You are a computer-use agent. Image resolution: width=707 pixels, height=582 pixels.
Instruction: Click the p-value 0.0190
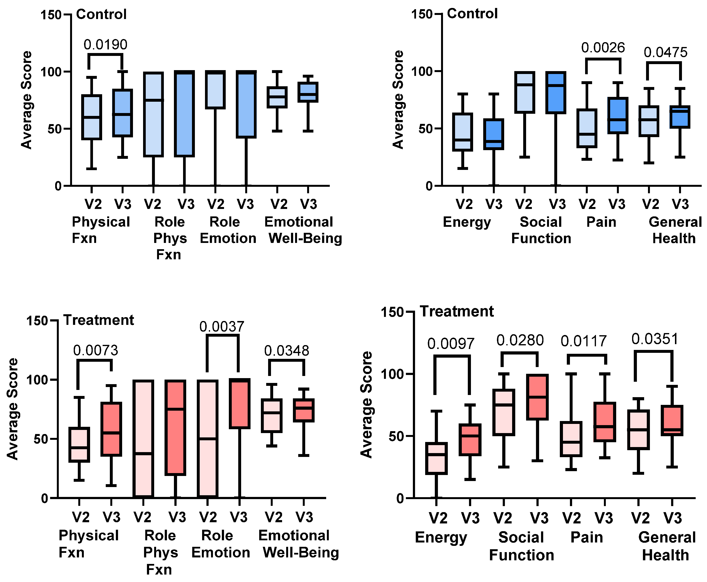coord(105,45)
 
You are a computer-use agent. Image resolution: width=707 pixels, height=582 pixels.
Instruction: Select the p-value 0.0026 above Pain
coord(603,48)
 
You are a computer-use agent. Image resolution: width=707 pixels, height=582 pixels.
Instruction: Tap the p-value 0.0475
coord(666,53)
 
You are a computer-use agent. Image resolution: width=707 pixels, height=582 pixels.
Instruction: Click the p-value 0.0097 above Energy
coord(451,344)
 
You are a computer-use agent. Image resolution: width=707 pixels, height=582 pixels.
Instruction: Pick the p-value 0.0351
coord(655,339)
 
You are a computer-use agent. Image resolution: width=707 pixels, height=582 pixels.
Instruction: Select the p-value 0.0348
coord(286,351)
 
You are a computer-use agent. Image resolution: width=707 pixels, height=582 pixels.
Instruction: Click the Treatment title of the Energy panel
coord(457,311)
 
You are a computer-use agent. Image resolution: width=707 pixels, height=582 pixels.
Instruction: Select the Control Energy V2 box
coord(463,132)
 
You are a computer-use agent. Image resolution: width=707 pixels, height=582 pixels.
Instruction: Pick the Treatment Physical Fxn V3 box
coord(111,429)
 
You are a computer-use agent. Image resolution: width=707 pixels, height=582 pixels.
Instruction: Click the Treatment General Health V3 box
coord(672,421)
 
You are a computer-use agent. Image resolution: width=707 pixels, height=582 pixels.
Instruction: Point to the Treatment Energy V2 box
coord(436,459)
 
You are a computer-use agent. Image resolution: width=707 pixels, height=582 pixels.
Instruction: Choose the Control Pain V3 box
coord(618,116)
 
